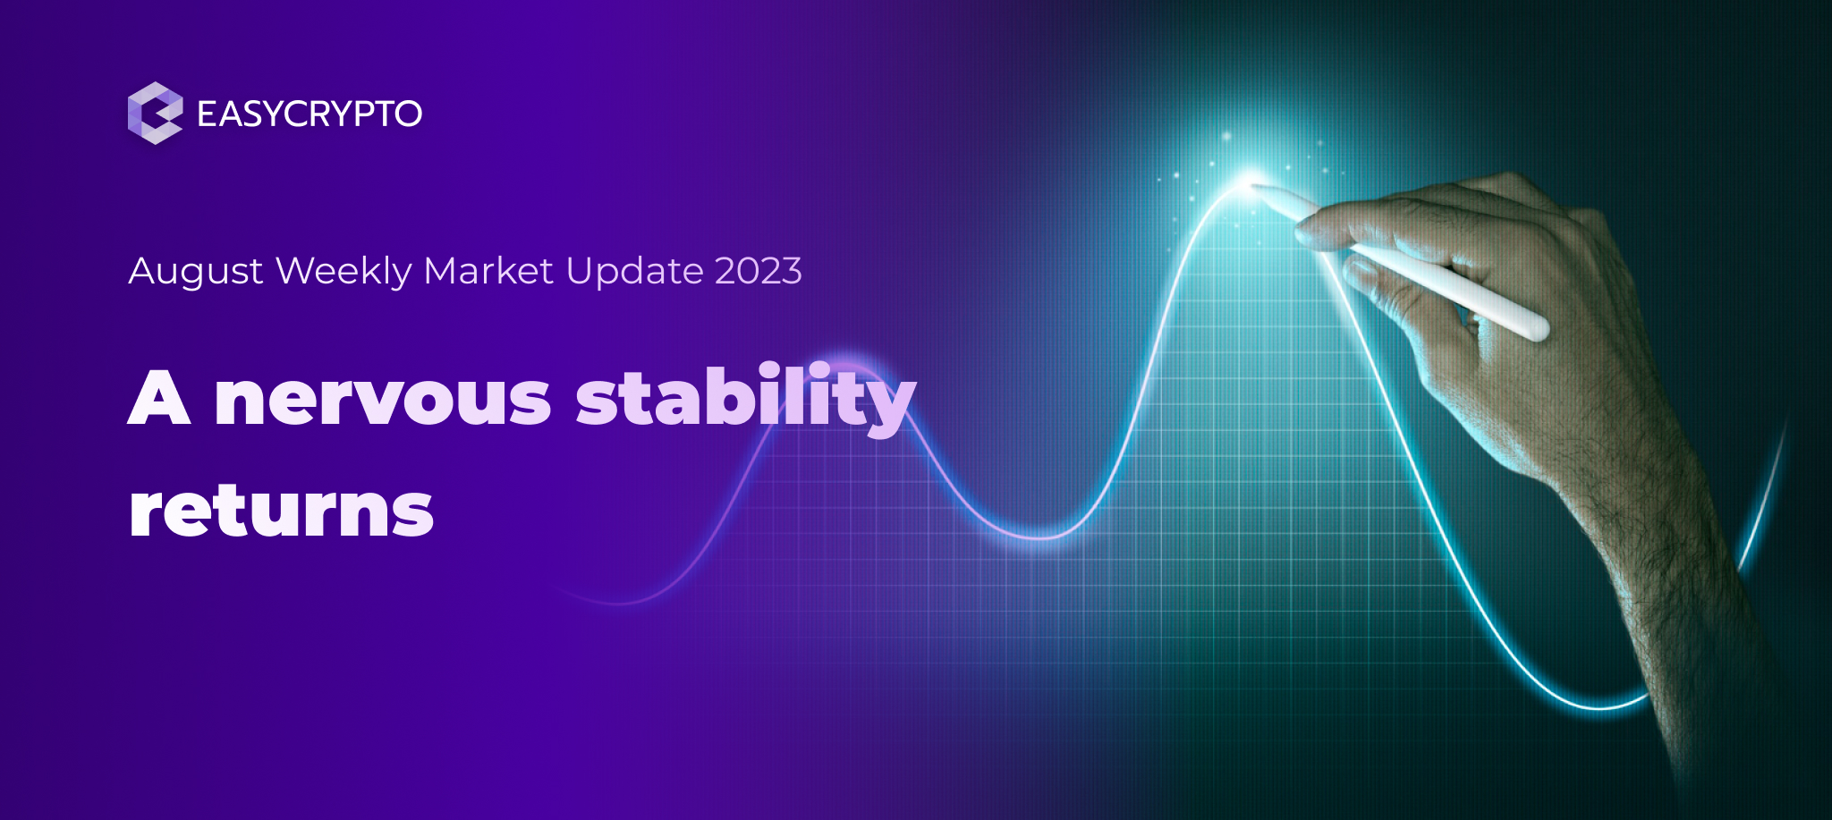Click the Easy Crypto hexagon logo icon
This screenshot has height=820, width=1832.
pos(155,113)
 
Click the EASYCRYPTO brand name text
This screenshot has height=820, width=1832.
pos(309,114)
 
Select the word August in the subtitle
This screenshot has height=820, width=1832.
pos(196,271)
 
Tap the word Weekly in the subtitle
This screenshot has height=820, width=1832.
pos(343,271)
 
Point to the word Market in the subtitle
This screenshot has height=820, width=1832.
pos(488,271)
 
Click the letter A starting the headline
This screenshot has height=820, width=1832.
pos(159,398)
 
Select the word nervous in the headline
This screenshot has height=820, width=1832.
pos(383,400)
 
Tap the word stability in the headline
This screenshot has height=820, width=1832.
pos(745,400)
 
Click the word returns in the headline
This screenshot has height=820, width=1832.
pos(281,511)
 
